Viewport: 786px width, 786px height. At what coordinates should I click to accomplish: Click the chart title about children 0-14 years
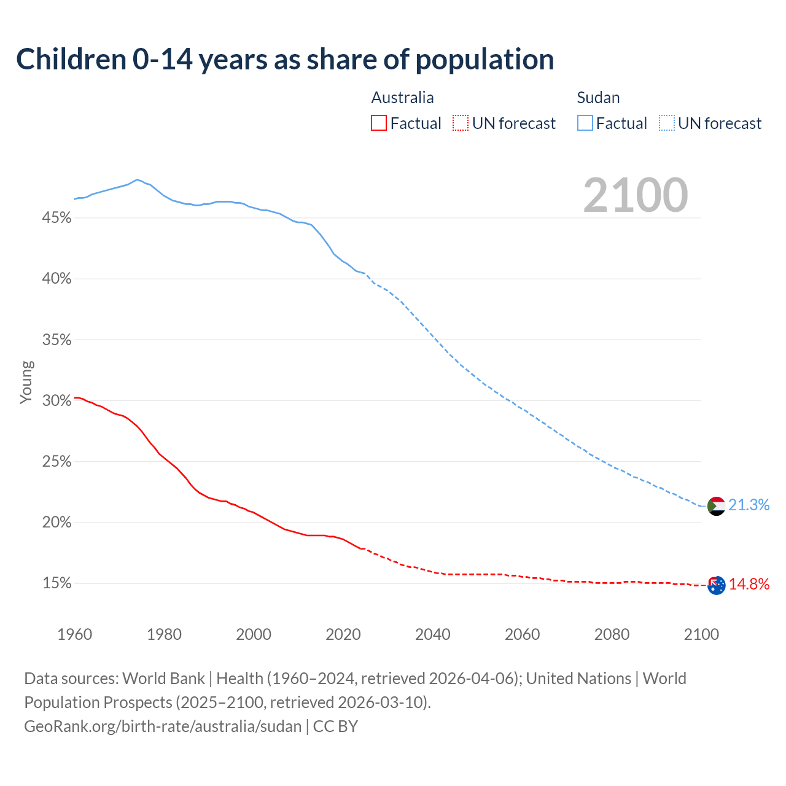(x=285, y=60)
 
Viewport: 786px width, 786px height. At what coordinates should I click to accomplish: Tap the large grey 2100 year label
(x=636, y=195)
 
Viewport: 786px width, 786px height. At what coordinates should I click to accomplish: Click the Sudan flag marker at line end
(x=716, y=506)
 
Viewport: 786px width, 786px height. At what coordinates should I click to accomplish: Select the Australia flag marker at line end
(x=717, y=585)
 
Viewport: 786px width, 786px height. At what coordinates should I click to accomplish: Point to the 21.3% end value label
(x=749, y=505)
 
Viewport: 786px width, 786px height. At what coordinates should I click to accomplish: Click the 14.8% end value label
(x=749, y=584)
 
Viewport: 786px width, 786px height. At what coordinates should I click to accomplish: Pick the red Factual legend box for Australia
(x=379, y=123)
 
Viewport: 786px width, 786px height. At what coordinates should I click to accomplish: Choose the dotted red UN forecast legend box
(x=461, y=123)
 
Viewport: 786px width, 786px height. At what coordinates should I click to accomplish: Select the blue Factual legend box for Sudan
(x=585, y=123)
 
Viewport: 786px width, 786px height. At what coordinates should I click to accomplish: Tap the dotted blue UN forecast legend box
(x=666, y=123)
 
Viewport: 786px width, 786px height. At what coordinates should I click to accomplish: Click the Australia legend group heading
(x=402, y=98)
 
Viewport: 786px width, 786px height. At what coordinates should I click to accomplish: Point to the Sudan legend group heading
(x=598, y=98)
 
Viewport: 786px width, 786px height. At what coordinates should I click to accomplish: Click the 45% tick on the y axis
(x=57, y=218)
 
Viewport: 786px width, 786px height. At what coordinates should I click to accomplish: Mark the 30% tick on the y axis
(x=57, y=401)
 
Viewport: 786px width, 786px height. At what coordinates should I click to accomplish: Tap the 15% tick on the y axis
(x=57, y=583)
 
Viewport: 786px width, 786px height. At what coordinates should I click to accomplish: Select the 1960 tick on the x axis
(x=75, y=634)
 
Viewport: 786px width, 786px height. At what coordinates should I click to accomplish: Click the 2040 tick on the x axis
(x=433, y=634)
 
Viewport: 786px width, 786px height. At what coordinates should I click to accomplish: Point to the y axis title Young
(x=26, y=382)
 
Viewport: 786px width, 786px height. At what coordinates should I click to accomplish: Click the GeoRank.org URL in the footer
(x=163, y=726)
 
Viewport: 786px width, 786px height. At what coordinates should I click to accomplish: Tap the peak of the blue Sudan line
(x=136, y=179)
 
